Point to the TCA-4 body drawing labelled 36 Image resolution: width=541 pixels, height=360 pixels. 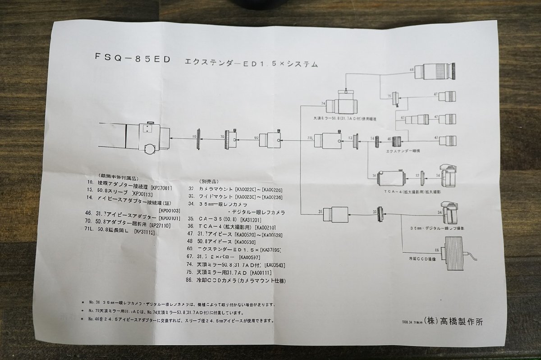click(392, 178)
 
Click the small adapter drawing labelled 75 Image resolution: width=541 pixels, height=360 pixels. click(396, 98)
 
